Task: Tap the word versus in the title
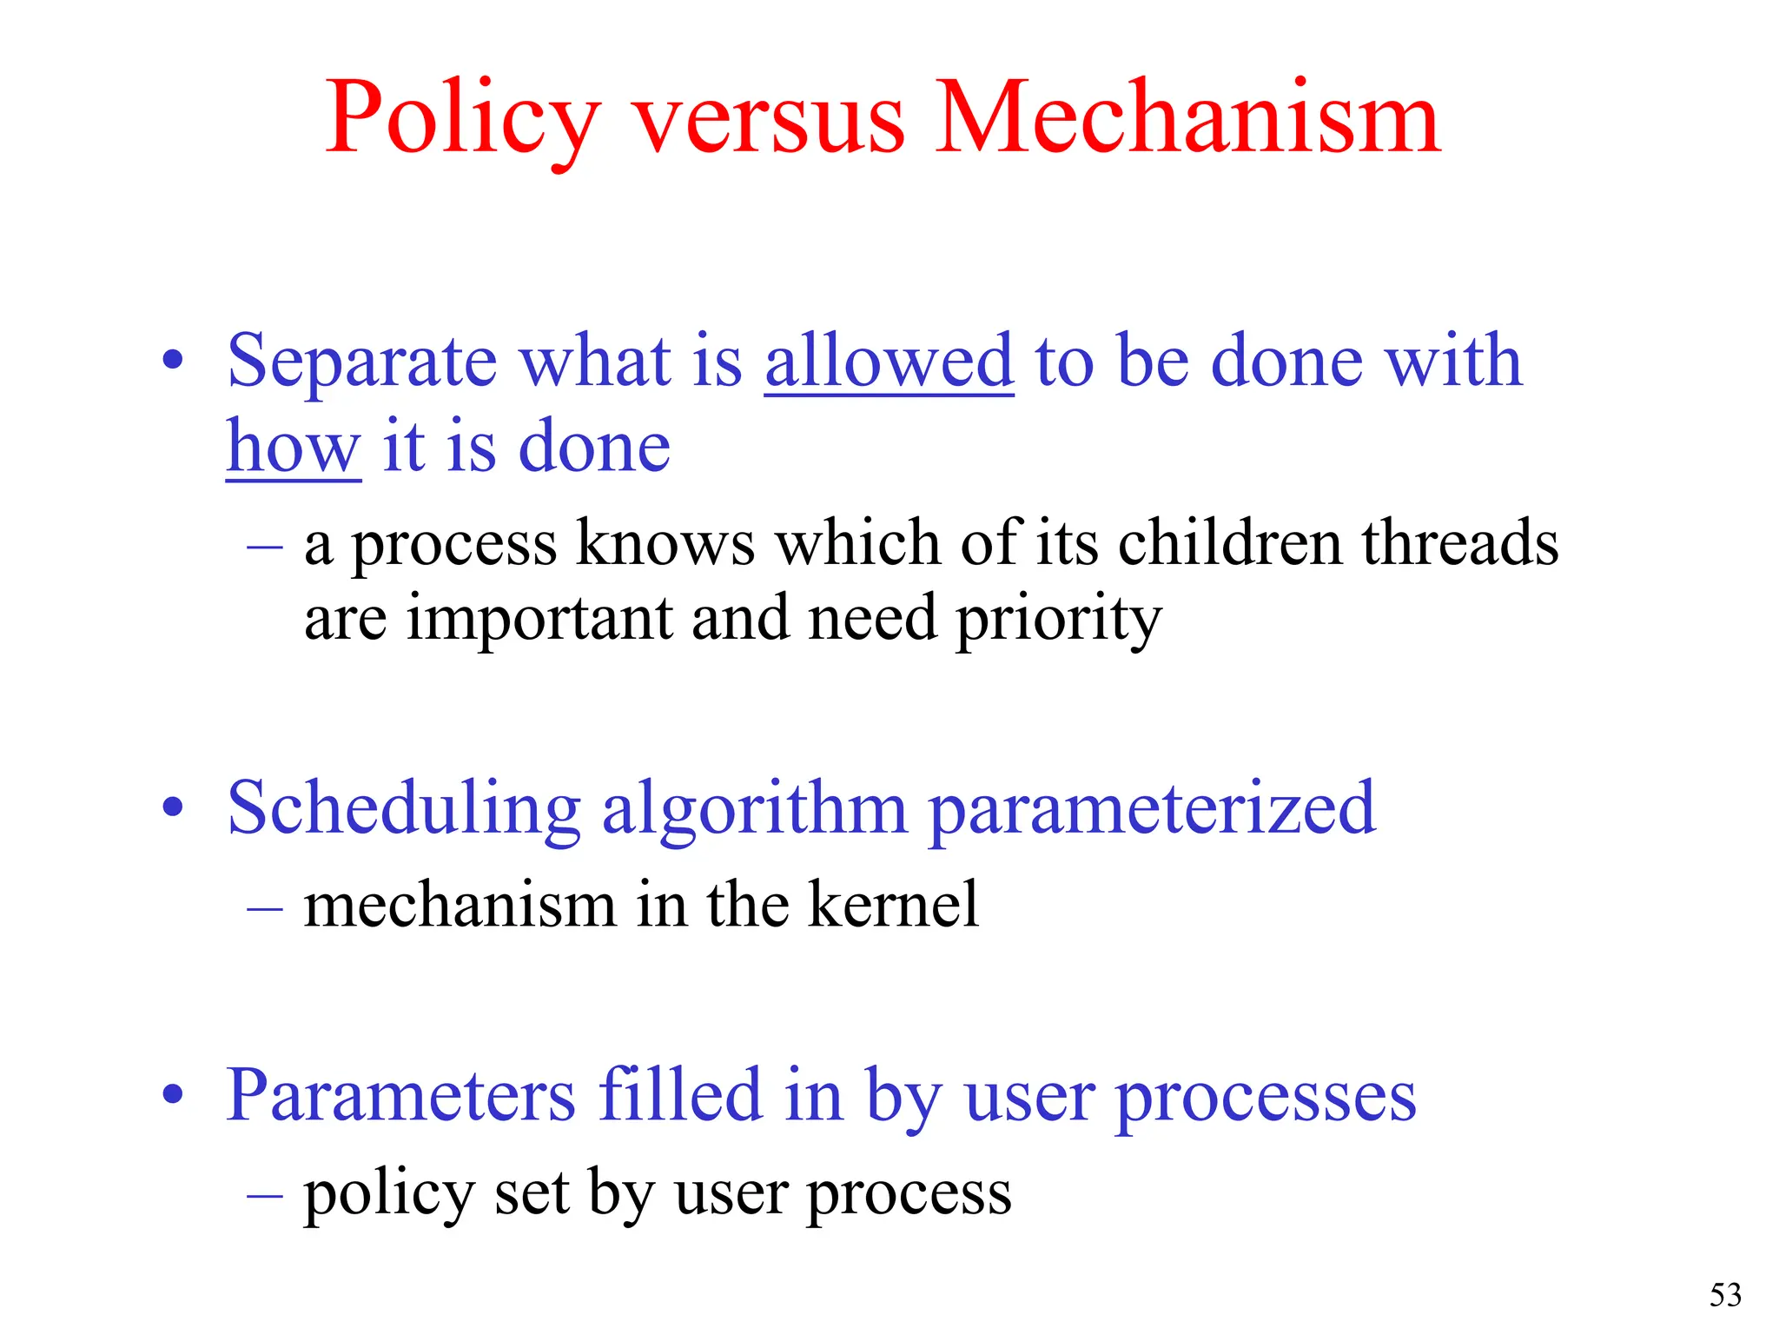[x=769, y=122]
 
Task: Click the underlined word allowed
[x=889, y=361]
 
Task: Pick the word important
[x=539, y=620]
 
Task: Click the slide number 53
[x=1725, y=1295]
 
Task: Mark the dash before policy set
[x=265, y=1195]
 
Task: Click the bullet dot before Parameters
[x=174, y=1094]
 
